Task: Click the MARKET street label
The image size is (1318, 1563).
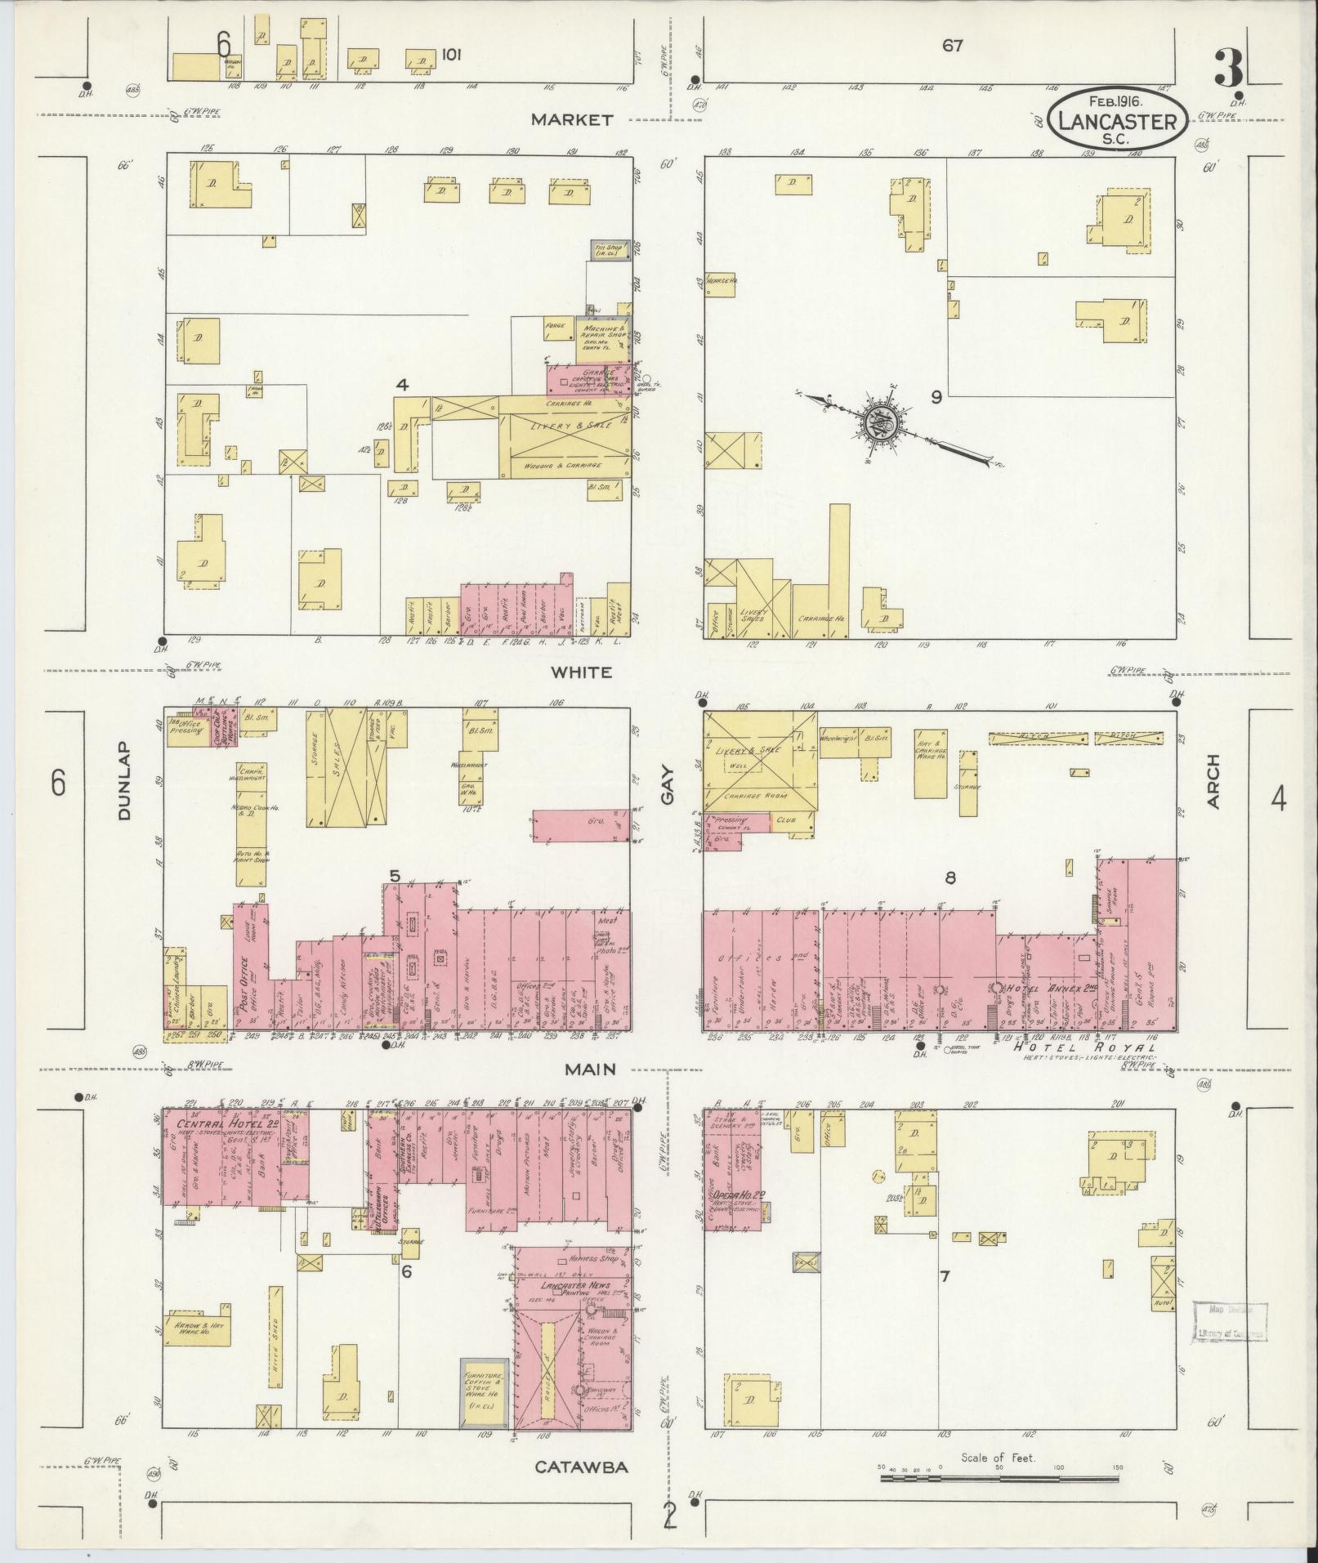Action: click(x=571, y=120)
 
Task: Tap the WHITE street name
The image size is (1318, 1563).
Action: click(x=581, y=672)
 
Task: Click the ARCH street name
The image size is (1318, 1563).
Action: click(x=1213, y=782)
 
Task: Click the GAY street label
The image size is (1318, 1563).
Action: click(x=668, y=784)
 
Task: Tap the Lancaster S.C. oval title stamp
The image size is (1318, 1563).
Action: click(x=1116, y=120)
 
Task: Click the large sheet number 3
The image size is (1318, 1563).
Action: click(x=1228, y=69)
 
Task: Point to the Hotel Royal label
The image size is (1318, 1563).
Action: click(x=1084, y=1047)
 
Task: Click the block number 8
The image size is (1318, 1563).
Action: click(x=950, y=878)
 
